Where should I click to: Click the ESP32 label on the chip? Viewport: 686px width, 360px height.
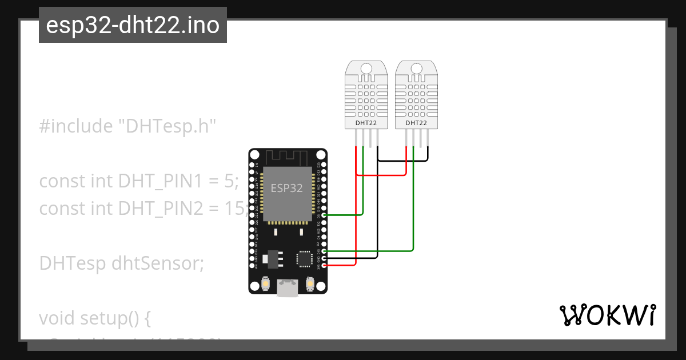click(286, 188)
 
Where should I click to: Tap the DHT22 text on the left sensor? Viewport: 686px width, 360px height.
click(365, 123)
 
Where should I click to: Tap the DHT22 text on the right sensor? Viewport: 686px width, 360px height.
click(416, 123)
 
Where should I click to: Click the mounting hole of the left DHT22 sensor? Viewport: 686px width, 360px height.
click(366, 69)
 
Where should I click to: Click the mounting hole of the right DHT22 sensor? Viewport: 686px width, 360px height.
click(416, 69)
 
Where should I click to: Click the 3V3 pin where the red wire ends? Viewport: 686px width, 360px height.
click(324, 265)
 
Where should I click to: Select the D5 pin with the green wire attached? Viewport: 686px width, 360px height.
click(324, 215)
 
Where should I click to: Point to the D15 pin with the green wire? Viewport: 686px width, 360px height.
click(324, 251)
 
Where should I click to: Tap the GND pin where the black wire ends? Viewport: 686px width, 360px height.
click(324, 258)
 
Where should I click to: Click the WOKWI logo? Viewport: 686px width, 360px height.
click(607, 315)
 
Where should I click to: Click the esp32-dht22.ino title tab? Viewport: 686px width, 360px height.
click(133, 26)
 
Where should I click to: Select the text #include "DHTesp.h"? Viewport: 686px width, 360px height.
click(128, 126)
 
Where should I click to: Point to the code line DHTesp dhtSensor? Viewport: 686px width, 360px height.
click(121, 263)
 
